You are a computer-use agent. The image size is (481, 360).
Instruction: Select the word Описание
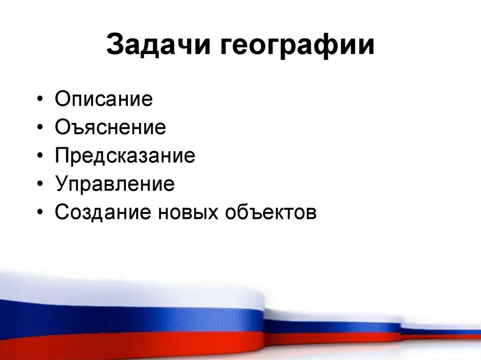pyautogui.click(x=103, y=100)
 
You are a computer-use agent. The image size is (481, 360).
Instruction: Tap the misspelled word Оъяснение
pyautogui.click(x=110, y=128)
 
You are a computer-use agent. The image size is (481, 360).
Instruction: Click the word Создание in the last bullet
pyautogui.click(x=102, y=212)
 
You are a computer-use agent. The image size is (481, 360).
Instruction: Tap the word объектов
pyautogui.click(x=272, y=213)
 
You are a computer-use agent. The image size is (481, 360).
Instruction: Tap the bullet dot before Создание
pyautogui.click(x=42, y=213)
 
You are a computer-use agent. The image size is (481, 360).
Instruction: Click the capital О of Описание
pyautogui.click(x=63, y=100)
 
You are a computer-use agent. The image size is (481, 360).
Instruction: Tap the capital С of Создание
pyautogui.click(x=62, y=212)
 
